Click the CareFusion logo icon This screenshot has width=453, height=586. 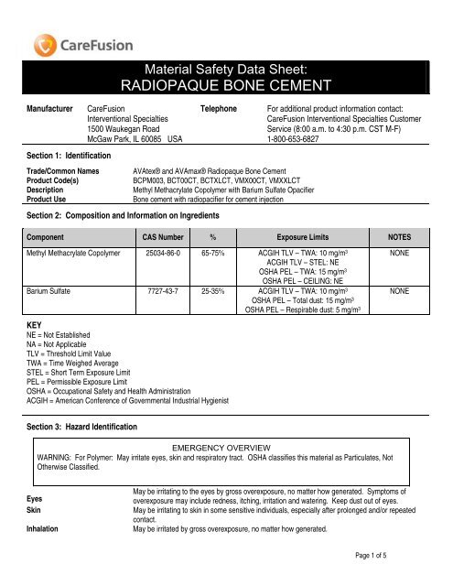point(42,44)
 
